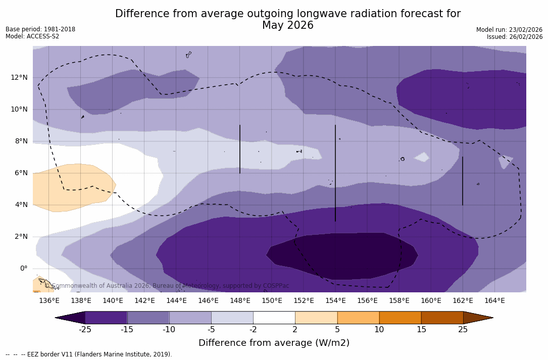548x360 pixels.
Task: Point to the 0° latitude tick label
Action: (23, 268)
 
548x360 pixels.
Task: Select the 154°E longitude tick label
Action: (335, 301)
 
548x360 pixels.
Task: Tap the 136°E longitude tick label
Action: (49, 301)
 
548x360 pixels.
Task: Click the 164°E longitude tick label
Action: (494, 301)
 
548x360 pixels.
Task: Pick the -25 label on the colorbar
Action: (85, 330)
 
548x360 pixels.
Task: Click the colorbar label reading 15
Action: (421, 330)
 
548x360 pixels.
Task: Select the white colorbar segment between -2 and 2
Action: (274, 318)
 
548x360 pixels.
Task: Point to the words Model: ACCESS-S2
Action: (32, 36)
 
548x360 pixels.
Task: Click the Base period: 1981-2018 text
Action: (40, 29)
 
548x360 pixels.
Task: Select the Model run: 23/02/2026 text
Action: (509, 30)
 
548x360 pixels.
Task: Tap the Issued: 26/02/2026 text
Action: (515, 37)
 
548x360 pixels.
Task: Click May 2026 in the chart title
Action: (287, 26)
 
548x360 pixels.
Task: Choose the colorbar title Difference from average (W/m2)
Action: (274, 343)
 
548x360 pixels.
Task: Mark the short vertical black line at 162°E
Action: (462, 181)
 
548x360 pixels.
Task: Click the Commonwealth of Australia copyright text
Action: (167, 286)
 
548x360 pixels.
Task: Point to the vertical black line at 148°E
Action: (239, 149)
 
